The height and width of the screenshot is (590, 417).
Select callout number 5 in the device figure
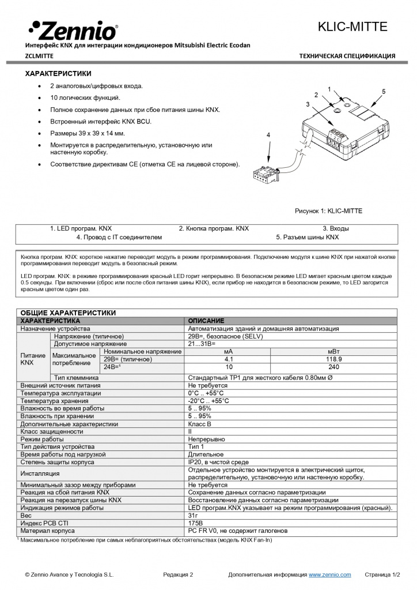pyautogui.click(x=384, y=92)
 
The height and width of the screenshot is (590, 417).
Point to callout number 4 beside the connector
pyautogui.click(x=268, y=134)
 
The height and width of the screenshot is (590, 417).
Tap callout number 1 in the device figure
pyautogui.click(x=329, y=89)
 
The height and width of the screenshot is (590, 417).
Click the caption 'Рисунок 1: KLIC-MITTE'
pyautogui.click(x=328, y=211)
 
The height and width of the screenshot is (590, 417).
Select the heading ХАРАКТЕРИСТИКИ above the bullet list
pyautogui.click(x=58, y=74)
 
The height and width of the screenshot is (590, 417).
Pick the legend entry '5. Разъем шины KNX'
pyautogui.click(x=308, y=237)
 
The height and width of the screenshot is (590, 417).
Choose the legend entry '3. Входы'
pyautogui.click(x=335, y=228)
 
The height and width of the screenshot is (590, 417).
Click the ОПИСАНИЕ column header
pyautogui.click(x=206, y=321)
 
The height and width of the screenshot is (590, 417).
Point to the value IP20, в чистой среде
pyautogui.click(x=218, y=462)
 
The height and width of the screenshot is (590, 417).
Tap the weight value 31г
pyautogui.click(x=193, y=516)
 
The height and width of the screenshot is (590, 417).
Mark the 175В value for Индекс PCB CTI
pyautogui.click(x=196, y=523)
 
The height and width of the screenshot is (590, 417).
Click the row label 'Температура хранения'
pyautogui.click(x=54, y=401)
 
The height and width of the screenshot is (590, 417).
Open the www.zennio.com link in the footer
pyautogui.click(x=329, y=575)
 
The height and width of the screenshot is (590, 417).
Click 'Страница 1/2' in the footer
pyautogui.click(x=382, y=575)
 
